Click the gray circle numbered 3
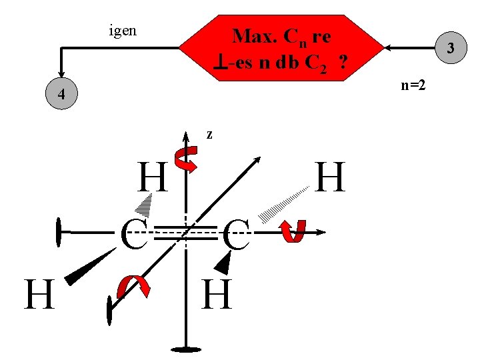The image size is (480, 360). (451, 48)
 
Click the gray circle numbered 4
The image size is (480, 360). (61, 94)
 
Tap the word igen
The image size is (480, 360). (123, 30)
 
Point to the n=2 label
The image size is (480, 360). (414, 85)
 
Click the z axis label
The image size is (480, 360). (209, 135)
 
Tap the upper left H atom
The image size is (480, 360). (152, 178)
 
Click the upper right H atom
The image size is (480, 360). (331, 178)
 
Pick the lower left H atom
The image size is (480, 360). (39, 295)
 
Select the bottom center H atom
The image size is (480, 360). (216, 295)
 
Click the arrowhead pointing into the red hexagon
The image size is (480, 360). (388, 48)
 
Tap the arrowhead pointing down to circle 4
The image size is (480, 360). (61, 74)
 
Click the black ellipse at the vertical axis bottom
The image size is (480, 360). (185, 348)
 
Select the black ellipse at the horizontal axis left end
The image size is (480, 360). (59, 233)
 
